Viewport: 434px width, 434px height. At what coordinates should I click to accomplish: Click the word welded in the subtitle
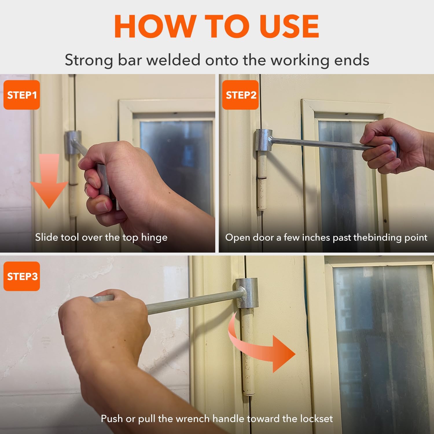173,60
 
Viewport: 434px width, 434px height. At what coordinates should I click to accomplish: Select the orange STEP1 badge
22,95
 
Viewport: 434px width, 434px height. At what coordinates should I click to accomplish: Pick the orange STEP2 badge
240,95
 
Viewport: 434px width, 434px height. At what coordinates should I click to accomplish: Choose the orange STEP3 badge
22,276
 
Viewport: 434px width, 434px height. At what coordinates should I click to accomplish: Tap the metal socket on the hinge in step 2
264,140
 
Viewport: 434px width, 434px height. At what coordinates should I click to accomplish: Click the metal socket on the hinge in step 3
247,293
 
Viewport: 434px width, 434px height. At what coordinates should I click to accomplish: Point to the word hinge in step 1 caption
154,238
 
